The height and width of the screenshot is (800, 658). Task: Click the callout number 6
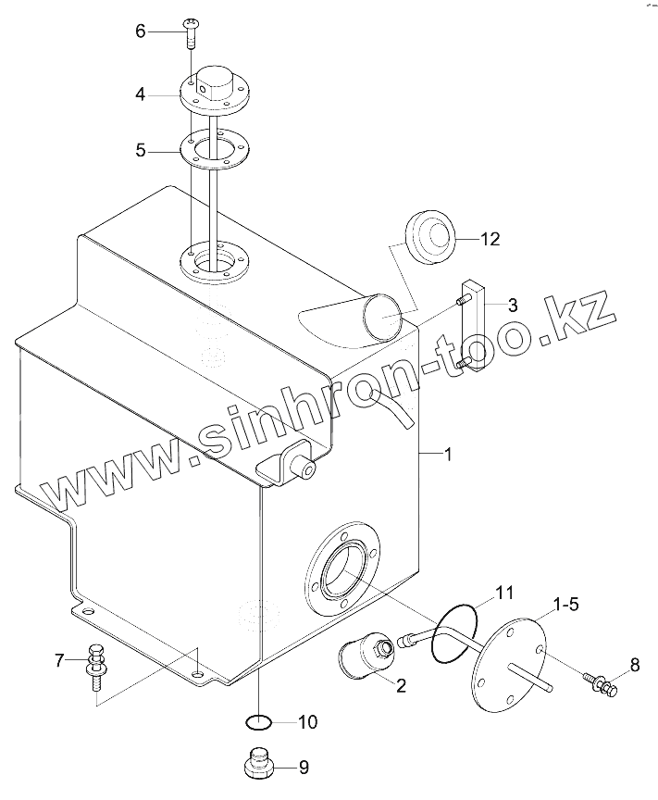(x=141, y=31)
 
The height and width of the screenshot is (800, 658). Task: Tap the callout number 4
(x=141, y=94)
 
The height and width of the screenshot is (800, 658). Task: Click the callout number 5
(x=141, y=149)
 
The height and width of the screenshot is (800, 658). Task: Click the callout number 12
(x=490, y=239)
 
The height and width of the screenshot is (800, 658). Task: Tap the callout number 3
(x=512, y=304)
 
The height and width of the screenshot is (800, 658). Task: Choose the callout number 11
(x=503, y=593)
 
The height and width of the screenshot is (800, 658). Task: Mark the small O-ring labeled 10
(x=258, y=721)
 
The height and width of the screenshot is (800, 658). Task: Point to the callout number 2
(x=401, y=686)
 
